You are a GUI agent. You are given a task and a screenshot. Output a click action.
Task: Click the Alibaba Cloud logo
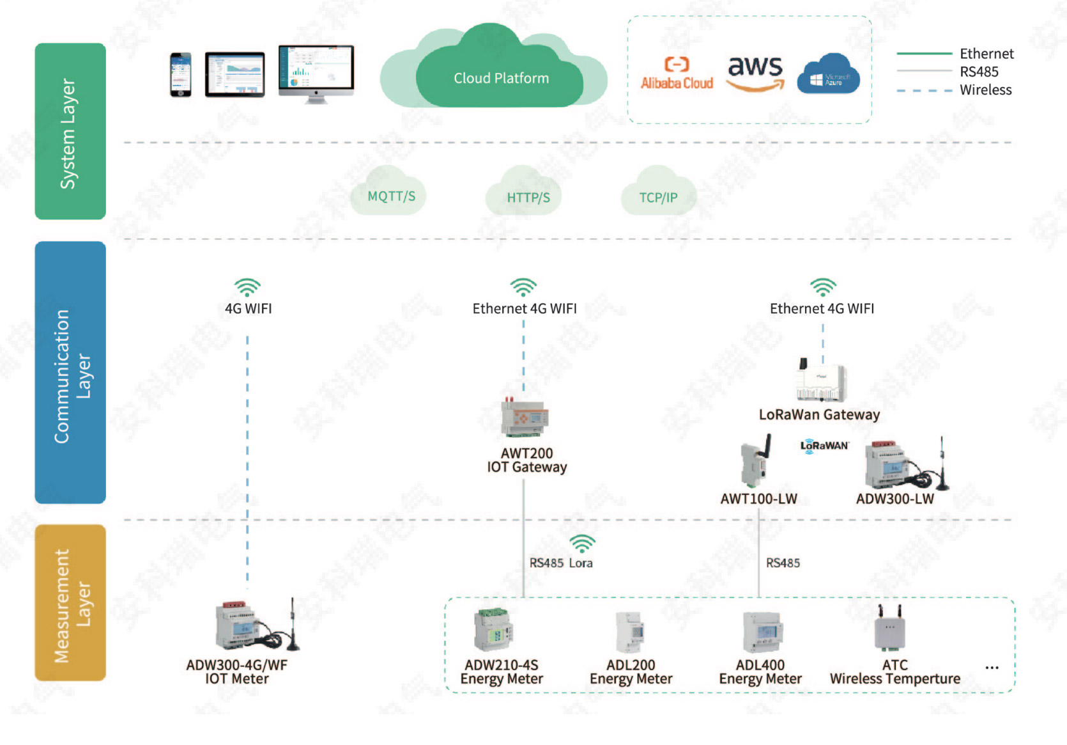click(x=677, y=73)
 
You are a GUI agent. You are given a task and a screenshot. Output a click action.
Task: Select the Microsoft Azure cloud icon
click(x=828, y=74)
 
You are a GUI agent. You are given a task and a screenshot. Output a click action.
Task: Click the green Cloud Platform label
click(x=501, y=78)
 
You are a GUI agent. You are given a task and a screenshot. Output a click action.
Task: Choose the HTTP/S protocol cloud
click(x=524, y=192)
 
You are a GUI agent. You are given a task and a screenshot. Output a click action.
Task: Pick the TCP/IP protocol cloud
click(x=659, y=192)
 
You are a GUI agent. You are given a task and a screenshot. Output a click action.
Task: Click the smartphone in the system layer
click(x=181, y=75)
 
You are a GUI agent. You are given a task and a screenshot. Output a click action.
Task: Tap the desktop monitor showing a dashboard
click(x=316, y=74)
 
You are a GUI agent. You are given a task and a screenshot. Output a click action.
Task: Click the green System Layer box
click(x=70, y=132)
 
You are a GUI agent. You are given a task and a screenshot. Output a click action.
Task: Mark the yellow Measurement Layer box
click(x=70, y=602)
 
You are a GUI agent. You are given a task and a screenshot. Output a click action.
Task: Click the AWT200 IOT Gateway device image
click(x=524, y=417)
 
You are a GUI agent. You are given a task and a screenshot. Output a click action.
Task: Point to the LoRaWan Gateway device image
click(x=821, y=380)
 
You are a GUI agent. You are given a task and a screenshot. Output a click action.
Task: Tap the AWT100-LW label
click(x=759, y=499)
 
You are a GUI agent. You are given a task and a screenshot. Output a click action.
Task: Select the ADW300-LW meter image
click(x=907, y=463)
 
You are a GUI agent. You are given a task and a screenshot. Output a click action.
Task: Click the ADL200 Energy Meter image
click(x=630, y=632)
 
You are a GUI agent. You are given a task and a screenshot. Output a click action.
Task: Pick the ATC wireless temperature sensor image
click(x=890, y=627)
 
